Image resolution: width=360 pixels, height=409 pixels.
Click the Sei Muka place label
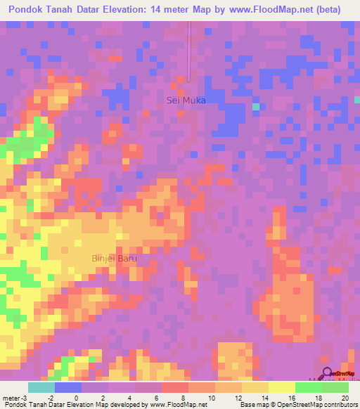pyautogui.click(x=186, y=100)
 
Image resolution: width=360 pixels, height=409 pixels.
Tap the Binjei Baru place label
pyautogui.click(x=114, y=258)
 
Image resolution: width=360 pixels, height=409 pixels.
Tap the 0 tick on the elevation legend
pyautogui.click(x=77, y=397)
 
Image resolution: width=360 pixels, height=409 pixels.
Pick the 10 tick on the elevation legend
pyautogui.click(x=212, y=397)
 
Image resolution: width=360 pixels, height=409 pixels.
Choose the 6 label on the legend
pyautogui.click(x=158, y=397)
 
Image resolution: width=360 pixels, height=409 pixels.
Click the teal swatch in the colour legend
pyautogui.click(x=41, y=387)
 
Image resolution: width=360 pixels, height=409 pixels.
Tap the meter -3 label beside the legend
pyautogui.click(x=14, y=397)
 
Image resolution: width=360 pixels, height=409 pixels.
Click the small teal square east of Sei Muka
pyautogui.click(x=256, y=107)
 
